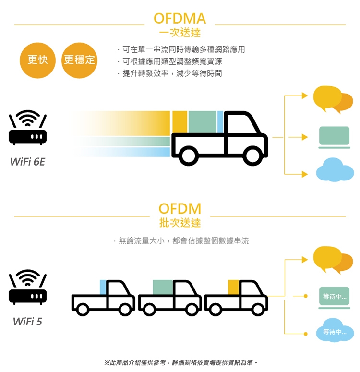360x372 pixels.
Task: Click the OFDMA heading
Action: point(180,18)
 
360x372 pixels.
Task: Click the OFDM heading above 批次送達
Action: point(180,209)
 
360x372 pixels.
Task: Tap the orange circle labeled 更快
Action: point(37,60)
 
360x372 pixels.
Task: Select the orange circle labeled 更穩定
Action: point(79,60)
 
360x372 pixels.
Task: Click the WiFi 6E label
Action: point(28,162)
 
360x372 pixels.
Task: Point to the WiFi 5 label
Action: point(28,321)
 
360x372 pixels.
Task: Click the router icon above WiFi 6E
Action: point(28,128)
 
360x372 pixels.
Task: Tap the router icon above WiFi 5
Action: point(28,287)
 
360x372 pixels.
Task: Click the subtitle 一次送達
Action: point(180,33)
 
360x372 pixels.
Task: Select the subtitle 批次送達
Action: point(180,223)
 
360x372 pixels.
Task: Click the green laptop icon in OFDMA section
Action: point(335,137)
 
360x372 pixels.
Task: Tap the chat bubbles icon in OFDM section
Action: point(333,259)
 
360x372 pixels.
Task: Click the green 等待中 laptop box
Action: point(335,297)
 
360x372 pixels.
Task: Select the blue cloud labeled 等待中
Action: point(335,331)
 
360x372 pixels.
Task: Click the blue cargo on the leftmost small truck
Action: point(103,287)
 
